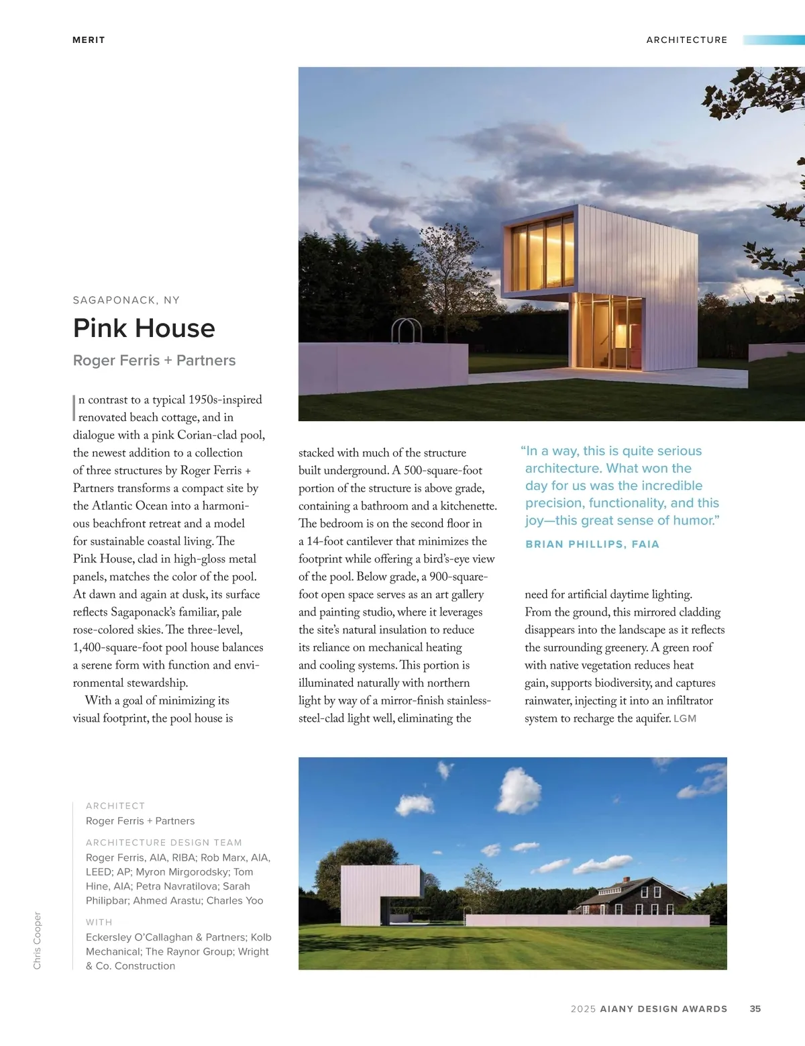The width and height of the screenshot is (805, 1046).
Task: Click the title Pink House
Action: pos(144,328)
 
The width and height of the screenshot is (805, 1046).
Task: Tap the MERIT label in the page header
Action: pos(89,40)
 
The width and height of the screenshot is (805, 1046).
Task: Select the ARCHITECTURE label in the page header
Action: pos(686,40)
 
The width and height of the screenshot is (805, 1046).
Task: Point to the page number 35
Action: pos(755,1008)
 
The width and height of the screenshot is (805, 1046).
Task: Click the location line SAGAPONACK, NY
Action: pos(126,300)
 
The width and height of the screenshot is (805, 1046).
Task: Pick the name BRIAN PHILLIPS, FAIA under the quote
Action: pos(592,544)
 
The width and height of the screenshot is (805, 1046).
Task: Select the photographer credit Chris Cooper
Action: pos(38,940)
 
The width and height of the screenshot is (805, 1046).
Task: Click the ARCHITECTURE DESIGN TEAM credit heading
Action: pos(164,843)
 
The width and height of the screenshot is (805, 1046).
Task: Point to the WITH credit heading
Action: pos(99,922)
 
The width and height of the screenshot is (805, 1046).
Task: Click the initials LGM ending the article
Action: pos(685,718)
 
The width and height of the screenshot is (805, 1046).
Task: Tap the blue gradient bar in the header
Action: pos(773,40)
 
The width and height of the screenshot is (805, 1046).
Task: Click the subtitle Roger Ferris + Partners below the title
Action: pos(154,361)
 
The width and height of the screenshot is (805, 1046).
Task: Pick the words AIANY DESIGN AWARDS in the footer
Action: pos(663,1008)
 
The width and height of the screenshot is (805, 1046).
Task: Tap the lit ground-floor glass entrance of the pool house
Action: pos(608,333)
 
